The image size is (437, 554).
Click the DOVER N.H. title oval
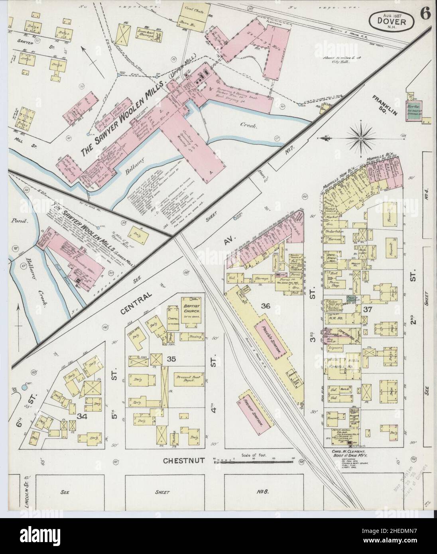pyautogui.click(x=392, y=20)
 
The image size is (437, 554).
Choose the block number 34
pyautogui.click(x=83, y=416)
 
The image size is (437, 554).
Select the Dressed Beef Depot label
pyautogui.click(x=187, y=379)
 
